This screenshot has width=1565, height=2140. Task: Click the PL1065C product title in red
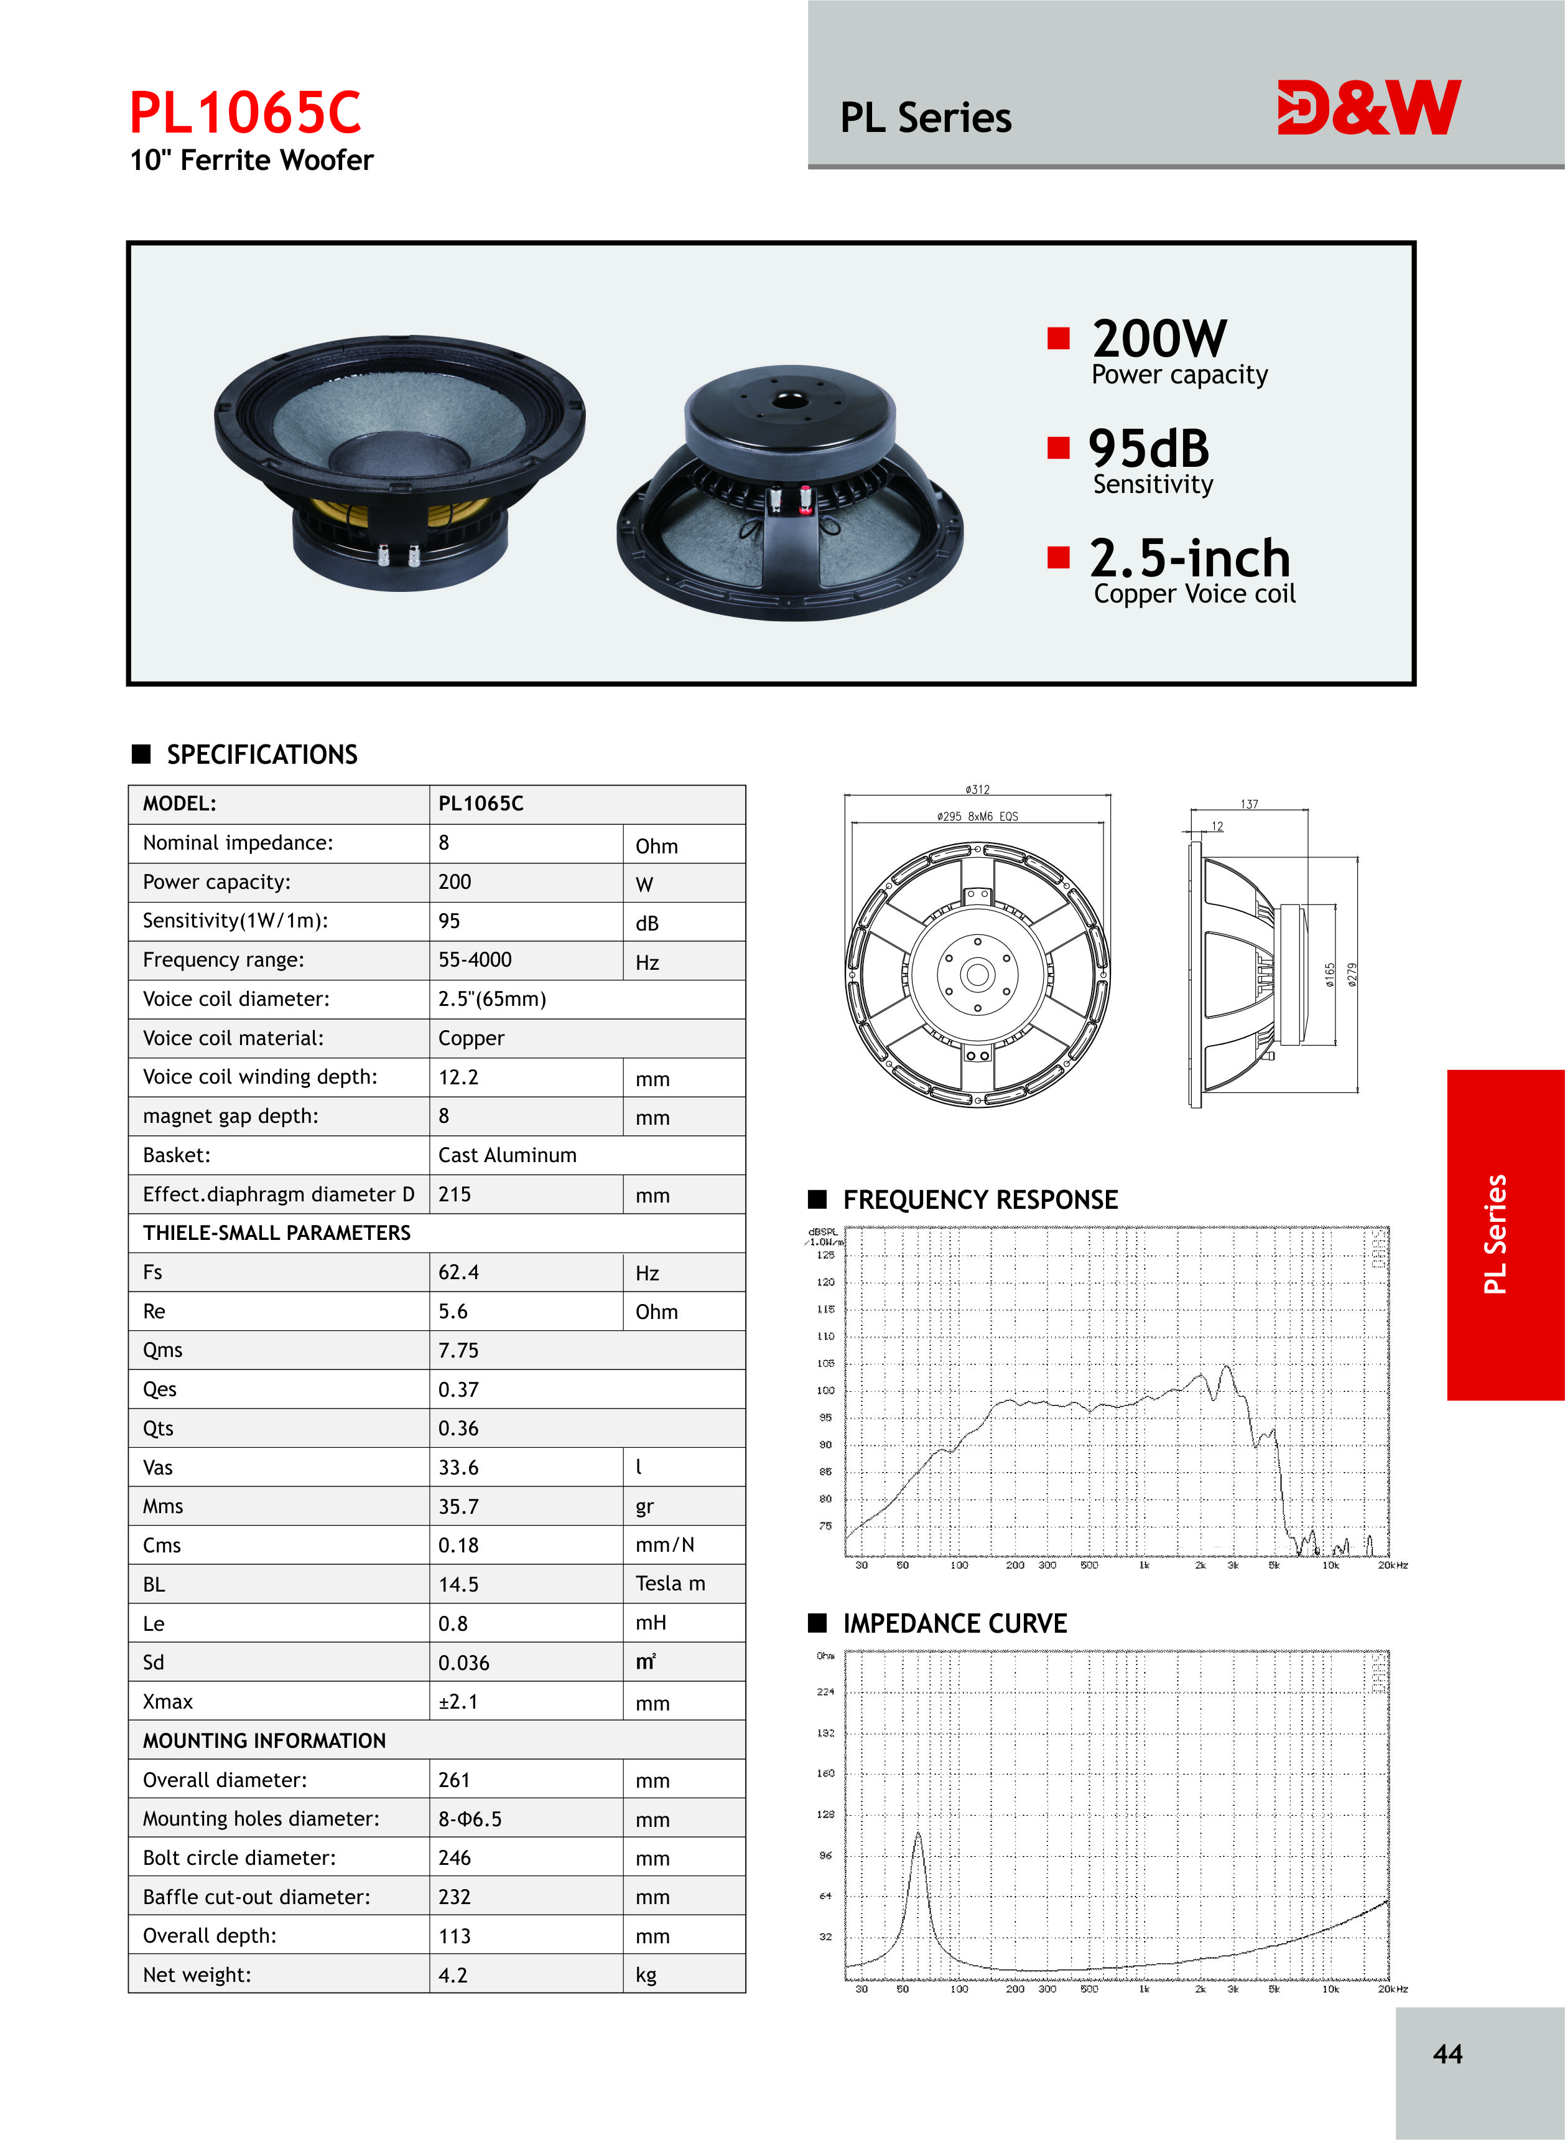245,113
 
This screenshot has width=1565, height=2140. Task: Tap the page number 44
1447,2053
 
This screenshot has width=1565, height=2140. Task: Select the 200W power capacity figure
1159,339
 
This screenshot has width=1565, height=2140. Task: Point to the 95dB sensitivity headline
1148,448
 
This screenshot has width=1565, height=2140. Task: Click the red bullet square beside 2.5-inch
1058,556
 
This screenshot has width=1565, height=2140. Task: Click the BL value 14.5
458,1584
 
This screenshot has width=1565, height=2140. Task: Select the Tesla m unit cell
670,1583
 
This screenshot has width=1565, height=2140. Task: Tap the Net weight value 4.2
453,1975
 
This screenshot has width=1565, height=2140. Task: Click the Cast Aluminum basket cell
507,1155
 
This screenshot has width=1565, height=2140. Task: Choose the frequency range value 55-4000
475,959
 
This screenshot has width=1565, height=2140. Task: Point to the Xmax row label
168,1701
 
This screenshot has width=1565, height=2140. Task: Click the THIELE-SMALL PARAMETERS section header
277,1232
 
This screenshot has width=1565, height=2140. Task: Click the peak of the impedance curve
917,1835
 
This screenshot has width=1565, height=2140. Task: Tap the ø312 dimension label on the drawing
977,789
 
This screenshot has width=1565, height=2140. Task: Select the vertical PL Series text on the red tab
1495,1234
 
